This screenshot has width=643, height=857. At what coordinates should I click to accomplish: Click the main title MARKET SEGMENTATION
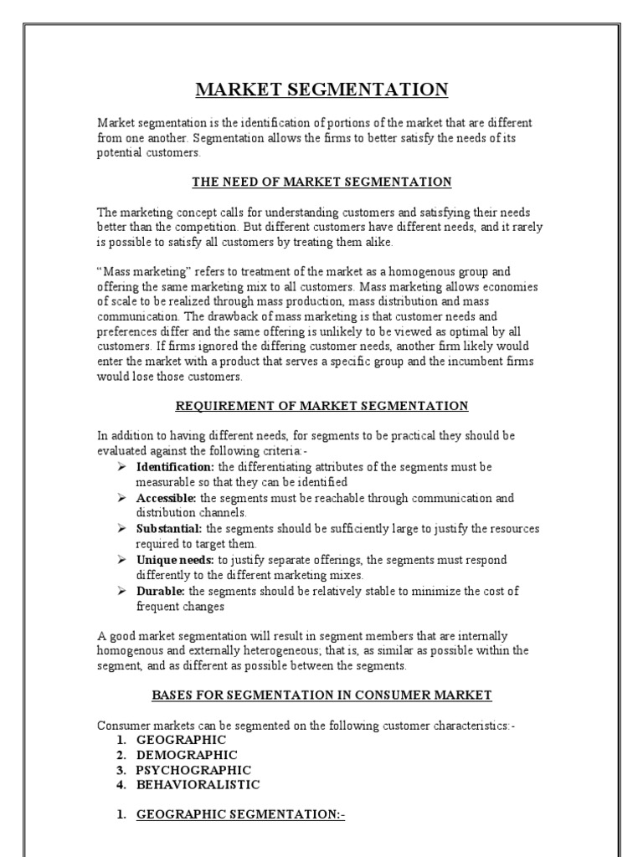click(x=322, y=90)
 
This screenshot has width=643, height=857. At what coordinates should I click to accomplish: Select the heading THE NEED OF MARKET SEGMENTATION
click(x=321, y=182)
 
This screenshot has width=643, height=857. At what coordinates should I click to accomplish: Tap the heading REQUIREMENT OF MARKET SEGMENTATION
click(x=321, y=406)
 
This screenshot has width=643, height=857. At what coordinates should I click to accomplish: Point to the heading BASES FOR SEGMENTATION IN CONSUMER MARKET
click(x=321, y=695)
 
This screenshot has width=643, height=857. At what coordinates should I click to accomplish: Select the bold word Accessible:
click(x=167, y=498)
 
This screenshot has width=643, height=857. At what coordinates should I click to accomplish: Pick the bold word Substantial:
click(x=169, y=529)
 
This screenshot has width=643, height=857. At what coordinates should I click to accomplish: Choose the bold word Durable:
click(x=162, y=591)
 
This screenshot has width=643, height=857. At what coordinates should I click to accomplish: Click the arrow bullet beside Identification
click(x=122, y=467)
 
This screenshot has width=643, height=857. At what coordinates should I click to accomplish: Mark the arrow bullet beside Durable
click(x=122, y=591)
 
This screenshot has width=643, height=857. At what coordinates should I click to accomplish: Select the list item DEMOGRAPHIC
click(x=187, y=755)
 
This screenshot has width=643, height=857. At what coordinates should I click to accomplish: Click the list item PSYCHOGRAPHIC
click(x=193, y=770)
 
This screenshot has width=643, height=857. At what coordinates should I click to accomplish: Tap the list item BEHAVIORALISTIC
click(x=198, y=785)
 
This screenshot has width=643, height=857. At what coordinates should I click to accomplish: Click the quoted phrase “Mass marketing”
click(x=139, y=272)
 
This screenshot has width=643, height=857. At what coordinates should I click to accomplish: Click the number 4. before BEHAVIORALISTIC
click(x=121, y=785)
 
